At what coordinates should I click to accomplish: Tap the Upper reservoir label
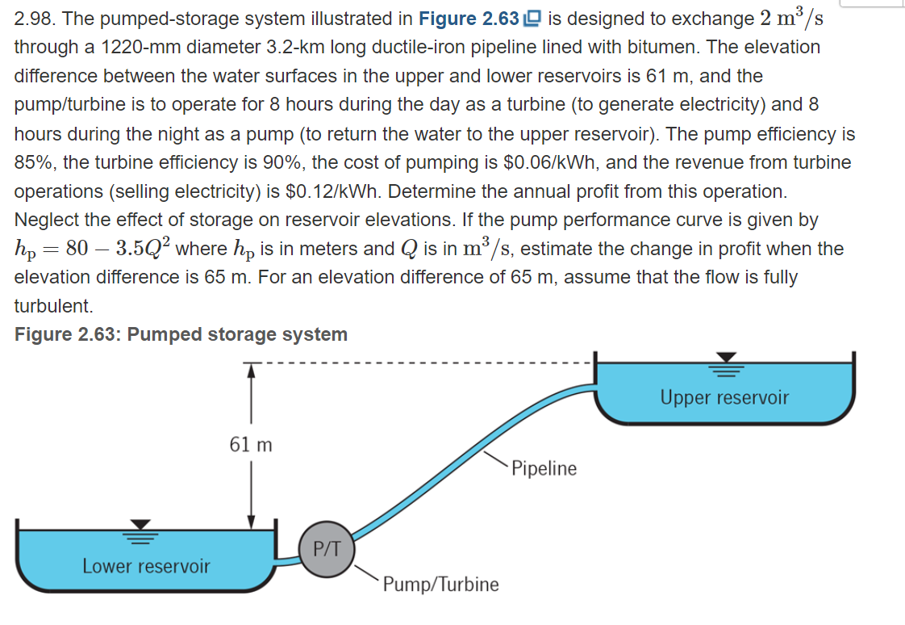(x=724, y=397)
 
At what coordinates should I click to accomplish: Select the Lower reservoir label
(x=146, y=566)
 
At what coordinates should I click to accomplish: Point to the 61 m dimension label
(x=251, y=445)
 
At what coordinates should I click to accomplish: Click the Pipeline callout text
(x=544, y=468)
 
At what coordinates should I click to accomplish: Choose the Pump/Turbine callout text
(x=440, y=584)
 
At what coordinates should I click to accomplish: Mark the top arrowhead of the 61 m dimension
(x=252, y=370)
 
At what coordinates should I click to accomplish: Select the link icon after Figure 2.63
(x=532, y=19)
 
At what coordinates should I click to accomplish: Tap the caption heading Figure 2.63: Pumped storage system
(x=181, y=334)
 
